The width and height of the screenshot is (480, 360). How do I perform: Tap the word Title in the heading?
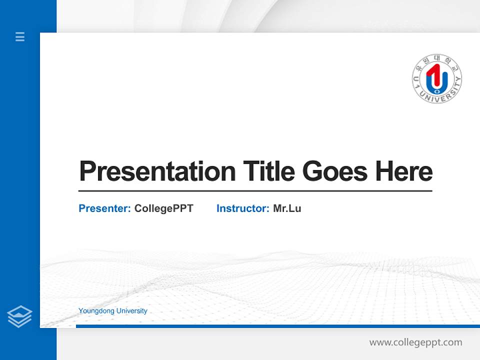pyautogui.click(x=269, y=171)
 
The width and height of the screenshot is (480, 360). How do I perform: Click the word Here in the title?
pyautogui.click(x=403, y=171)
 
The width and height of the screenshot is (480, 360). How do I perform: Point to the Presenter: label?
pyautogui.click(x=105, y=208)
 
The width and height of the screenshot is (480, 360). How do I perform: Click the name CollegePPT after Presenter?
pyautogui.click(x=163, y=208)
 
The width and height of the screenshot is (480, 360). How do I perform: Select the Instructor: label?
pyautogui.click(x=243, y=208)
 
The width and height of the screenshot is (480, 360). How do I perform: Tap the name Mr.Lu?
pyautogui.click(x=287, y=208)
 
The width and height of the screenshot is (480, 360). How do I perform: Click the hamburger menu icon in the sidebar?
pyautogui.click(x=20, y=36)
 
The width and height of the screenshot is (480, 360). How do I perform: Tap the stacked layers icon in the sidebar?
pyautogui.click(x=19, y=316)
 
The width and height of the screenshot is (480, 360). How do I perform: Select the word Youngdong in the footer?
pyautogui.click(x=94, y=311)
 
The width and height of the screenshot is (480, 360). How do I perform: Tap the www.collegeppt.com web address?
pyautogui.click(x=415, y=342)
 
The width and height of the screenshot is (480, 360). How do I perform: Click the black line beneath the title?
pyautogui.click(x=255, y=191)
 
